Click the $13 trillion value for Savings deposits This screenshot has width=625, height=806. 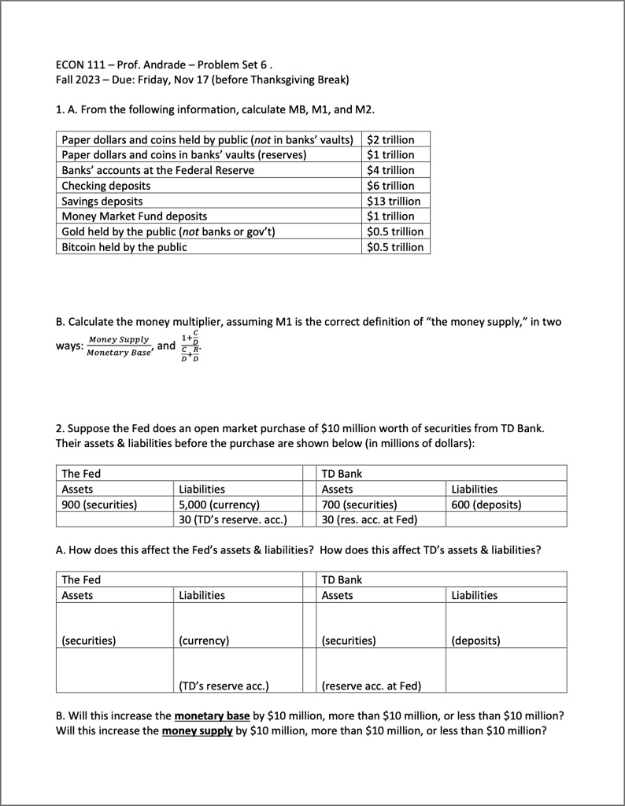(394, 201)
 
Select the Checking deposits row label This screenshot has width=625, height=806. (106, 186)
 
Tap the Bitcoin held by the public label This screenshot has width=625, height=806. (124, 247)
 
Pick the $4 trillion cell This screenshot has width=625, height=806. (390, 170)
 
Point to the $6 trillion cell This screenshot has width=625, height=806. (390, 186)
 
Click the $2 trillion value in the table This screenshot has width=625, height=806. (390, 139)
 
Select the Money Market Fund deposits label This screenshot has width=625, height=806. (135, 216)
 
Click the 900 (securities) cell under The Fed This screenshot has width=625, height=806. (99, 504)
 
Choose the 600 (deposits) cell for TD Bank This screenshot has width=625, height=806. (486, 504)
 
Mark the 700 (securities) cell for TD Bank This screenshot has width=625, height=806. (360, 504)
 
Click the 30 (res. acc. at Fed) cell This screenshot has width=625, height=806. (369, 519)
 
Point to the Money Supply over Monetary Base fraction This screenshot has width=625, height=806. (118, 346)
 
